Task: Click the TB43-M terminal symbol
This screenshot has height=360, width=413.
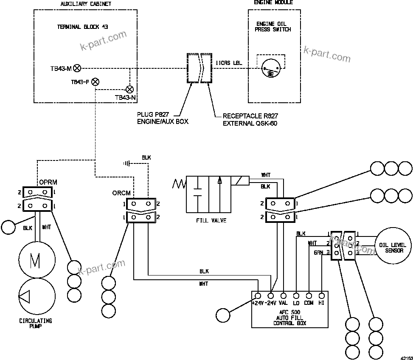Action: (77, 67)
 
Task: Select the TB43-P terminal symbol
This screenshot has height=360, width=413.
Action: (96, 82)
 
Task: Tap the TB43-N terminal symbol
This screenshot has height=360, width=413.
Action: (130, 90)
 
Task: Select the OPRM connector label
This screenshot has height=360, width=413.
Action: (48, 183)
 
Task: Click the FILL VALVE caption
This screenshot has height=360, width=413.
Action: (211, 220)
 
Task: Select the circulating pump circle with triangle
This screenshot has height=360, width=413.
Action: (37, 297)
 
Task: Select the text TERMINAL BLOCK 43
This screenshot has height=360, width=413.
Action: (83, 27)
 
